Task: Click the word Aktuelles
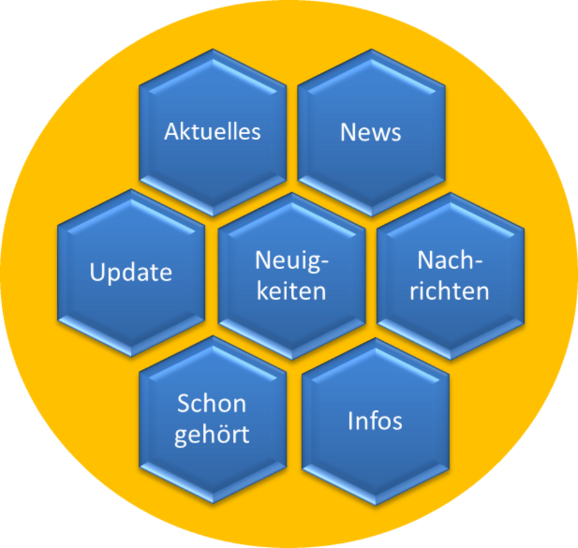tap(213, 131)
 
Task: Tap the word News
tap(371, 132)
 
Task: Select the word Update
tap(131, 272)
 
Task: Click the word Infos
tap(375, 421)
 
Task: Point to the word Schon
tap(211, 404)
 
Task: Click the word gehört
tap(212, 435)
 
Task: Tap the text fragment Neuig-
tap(292, 261)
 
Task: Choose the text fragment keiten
tap(291, 291)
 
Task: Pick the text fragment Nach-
tap(450, 261)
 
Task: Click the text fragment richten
tap(450, 291)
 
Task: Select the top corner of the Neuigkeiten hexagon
tap(292, 191)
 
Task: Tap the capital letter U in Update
tap(97, 272)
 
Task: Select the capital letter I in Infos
tap(351, 421)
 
